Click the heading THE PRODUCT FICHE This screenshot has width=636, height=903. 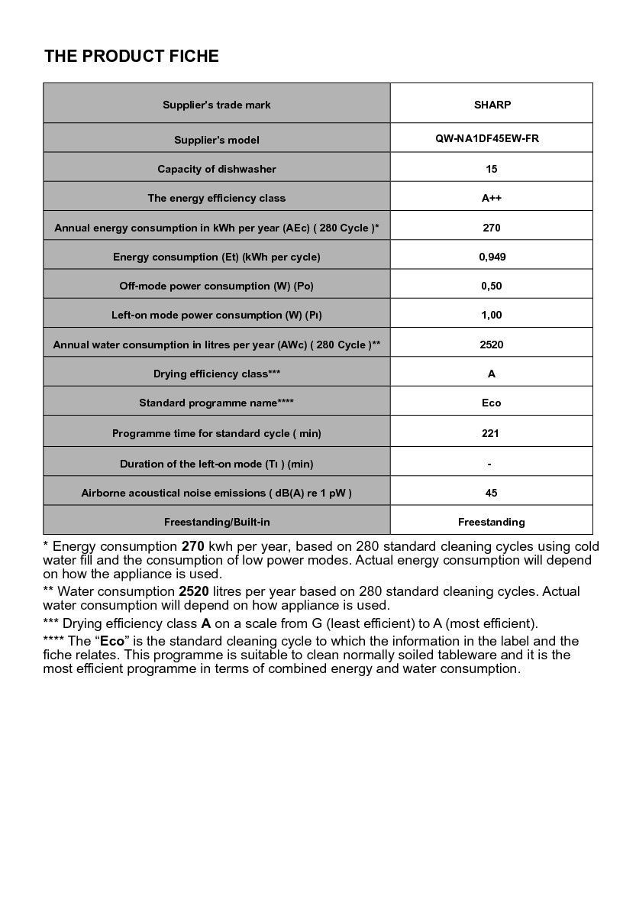[131, 57]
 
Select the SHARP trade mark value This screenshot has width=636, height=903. [492, 105]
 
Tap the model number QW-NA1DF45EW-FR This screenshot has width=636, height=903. [492, 139]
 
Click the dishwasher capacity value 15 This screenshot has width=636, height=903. [492, 169]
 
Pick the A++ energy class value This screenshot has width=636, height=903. [492, 198]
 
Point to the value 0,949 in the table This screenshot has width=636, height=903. [492, 257]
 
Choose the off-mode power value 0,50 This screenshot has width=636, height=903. [492, 286]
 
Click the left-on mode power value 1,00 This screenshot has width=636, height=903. [492, 315]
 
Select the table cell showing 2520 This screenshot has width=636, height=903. [492, 345]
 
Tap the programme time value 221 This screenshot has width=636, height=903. [491, 433]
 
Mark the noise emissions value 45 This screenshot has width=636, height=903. [492, 493]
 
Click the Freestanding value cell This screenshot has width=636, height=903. [492, 522]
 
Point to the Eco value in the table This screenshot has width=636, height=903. [492, 403]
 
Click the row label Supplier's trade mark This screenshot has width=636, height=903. [217, 105]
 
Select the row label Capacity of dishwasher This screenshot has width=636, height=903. [217, 169]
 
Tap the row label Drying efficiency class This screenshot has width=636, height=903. [217, 374]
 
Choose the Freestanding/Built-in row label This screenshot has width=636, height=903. [217, 522]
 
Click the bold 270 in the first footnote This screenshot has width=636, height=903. [192, 547]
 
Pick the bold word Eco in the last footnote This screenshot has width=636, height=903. [111, 642]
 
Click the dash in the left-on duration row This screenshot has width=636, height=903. [489, 464]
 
